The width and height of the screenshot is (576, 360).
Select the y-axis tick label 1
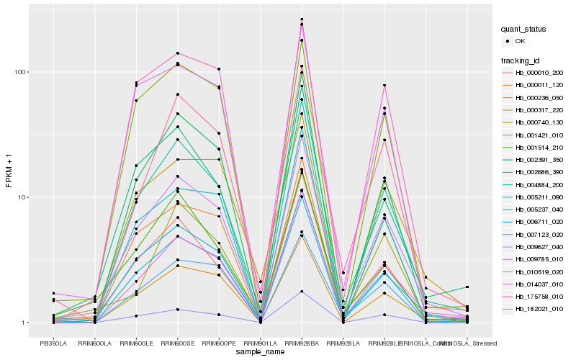point(26,323)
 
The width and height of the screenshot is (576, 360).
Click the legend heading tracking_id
point(522,60)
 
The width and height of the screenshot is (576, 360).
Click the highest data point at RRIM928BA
point(302,19)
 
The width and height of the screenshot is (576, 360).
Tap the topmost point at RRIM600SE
point(177,53)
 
